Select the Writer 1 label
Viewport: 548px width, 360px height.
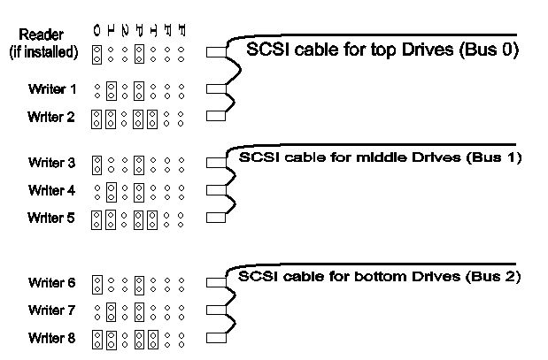point(52,89)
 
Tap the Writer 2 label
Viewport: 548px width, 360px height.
point(52,116)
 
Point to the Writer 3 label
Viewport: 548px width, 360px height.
point(52,163)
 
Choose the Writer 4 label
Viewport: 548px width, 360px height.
point(52,190)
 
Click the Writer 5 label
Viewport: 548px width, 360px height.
point(52,217)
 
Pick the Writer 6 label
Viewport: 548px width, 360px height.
point(52,283)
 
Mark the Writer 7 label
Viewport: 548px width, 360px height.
point(52,310)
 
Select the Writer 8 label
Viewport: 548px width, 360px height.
point(52,338)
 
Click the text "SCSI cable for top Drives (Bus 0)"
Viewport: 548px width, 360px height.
point(382,50)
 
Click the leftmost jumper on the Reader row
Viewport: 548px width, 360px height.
point(97,52)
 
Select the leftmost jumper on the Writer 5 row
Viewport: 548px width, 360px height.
point(97,217)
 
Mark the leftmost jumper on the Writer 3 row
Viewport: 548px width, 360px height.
point(97,163)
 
